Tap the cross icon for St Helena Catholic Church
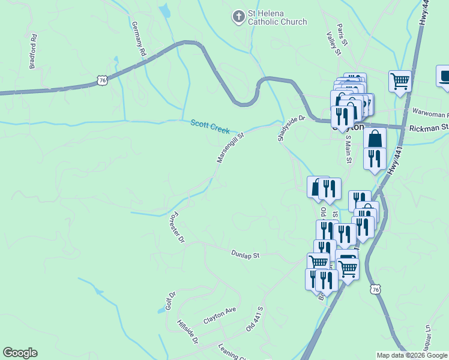click(239, 17)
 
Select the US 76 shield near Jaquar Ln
click(375, 289)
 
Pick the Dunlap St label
click(245, 254)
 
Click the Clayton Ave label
click(220, 316)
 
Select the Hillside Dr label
click(188, 331)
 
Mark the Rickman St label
click(429, 127)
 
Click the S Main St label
click(348, 149)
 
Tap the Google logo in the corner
click(20, 353)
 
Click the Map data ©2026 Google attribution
click(412, 355)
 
